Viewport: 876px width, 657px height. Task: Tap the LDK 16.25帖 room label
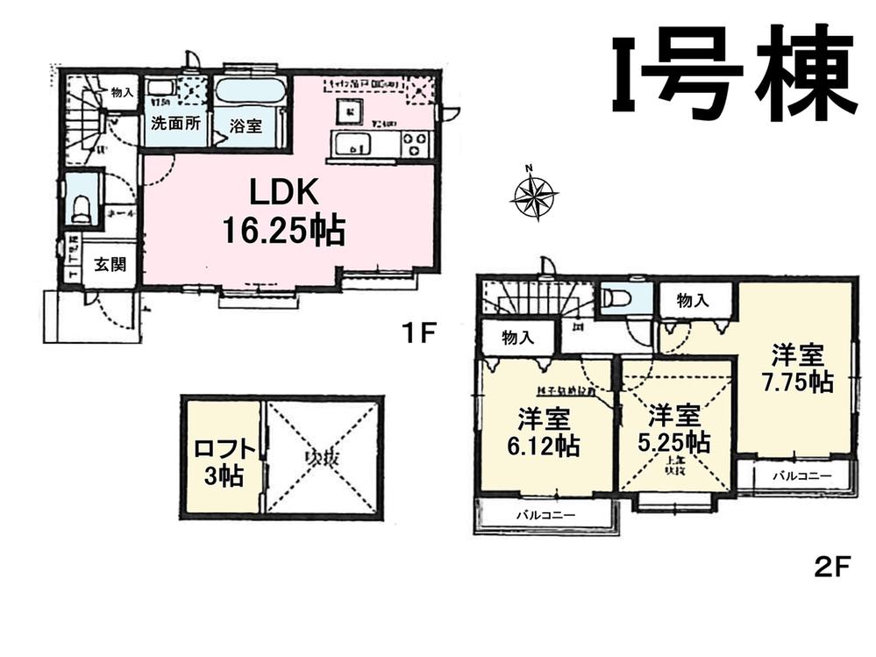pos(283,213)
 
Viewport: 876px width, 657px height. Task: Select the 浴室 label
pos(246,125)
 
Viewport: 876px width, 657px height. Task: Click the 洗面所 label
pos(174,123)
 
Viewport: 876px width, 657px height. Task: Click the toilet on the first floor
pos(82,208)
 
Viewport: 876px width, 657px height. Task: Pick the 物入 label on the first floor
pos(122,91)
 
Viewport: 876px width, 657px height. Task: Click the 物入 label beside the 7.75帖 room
pos(693,301)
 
